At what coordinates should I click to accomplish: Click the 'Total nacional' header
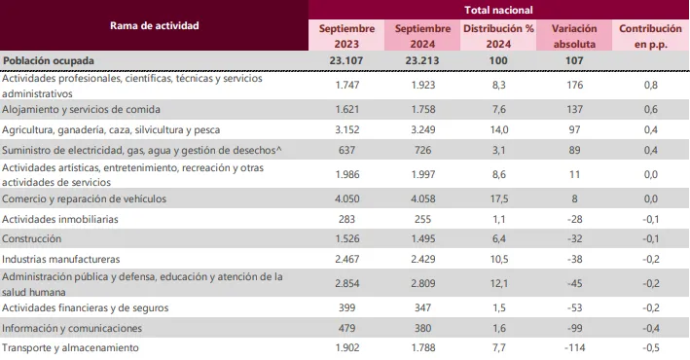click(x=497, y=9)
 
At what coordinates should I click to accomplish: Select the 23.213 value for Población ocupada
click(x=422, y=60)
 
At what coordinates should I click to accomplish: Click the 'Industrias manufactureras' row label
click(x=61, y=260)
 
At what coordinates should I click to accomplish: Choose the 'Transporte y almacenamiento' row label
click(x=70, y=348)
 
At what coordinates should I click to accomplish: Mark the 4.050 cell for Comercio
click(x=346, y=198)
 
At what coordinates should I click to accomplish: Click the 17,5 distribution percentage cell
click(x=497, y=198)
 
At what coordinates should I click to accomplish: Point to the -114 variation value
click(x=573, y=348)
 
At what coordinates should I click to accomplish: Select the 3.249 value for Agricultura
click(x=422, y=129)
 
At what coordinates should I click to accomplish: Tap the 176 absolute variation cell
click(x=573, y=85)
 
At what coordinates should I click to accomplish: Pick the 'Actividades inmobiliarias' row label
click(x=60, y=220)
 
